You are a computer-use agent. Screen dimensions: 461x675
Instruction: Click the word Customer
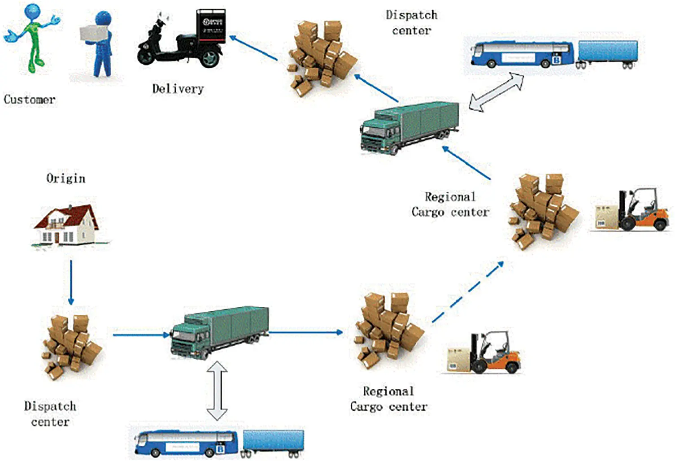30,100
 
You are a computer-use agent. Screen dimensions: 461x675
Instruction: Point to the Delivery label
178,89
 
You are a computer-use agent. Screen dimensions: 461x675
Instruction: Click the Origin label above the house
65,178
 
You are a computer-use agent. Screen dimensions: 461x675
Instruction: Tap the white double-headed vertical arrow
217,390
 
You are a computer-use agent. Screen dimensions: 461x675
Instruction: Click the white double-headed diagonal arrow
496,92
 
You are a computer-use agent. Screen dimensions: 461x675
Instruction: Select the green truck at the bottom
220,332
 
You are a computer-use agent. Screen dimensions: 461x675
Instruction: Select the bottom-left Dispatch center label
50,414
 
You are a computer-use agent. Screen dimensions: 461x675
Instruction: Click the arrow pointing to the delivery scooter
253,48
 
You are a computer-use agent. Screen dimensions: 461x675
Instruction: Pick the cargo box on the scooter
211,26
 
